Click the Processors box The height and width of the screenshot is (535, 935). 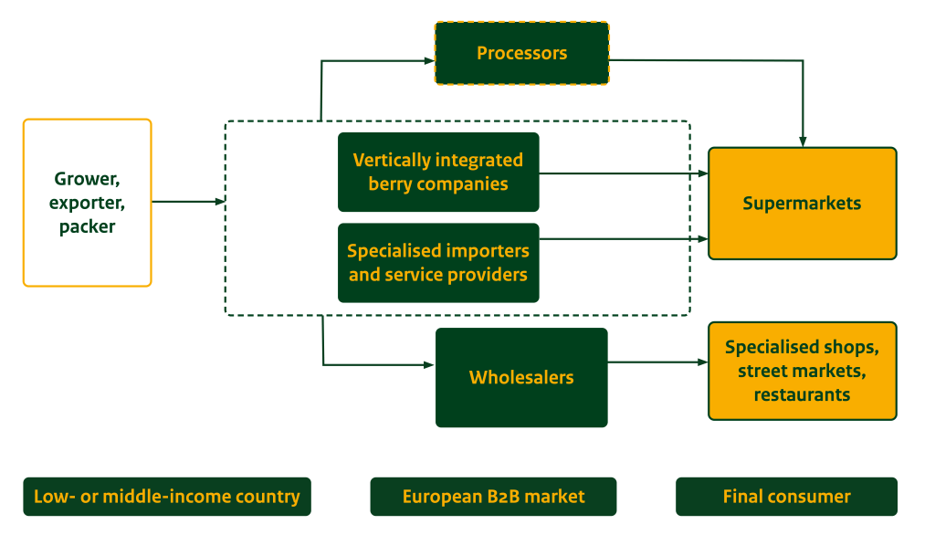(x=521, y=53)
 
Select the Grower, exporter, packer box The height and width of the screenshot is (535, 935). (x=87, y=203)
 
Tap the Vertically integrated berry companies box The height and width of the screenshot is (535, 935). (x=438, y=172)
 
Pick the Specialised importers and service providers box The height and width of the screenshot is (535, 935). (x=438, y=262)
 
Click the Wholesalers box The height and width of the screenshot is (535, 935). (x=521, y=377)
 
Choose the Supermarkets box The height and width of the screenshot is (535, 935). (x=802, y=204)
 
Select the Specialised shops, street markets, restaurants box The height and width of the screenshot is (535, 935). (x=802, y=371)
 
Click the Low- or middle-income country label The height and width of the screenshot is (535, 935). (x=167, y=497)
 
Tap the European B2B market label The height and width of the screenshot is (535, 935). (x=493, y=497)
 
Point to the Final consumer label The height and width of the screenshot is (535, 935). (x=786, y=497)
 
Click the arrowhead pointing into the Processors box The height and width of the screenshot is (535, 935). (x=428, y=61)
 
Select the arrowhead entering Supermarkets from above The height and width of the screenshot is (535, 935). (x=803, y=142)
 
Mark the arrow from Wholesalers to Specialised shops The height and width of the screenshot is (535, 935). (x=657, y=362)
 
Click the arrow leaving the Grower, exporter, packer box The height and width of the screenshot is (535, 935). (x=187, y=202)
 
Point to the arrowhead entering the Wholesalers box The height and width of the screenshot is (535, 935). (x=429, y=365)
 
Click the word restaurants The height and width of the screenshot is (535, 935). (x=802, y=395)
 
